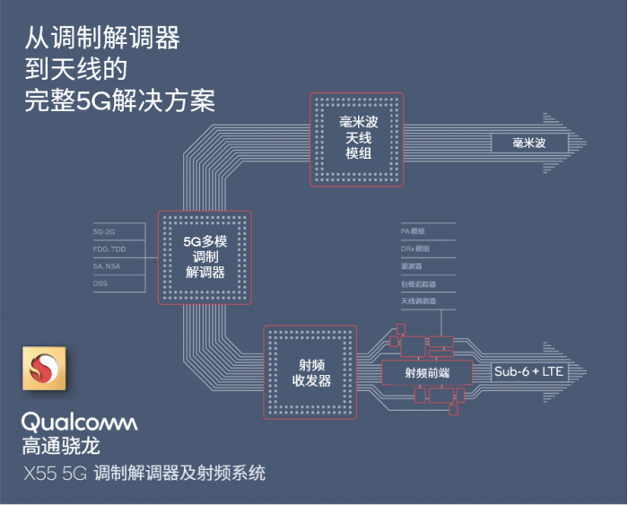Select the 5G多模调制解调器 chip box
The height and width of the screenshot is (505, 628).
tap(204, 257)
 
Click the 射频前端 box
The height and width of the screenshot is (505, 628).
tap(426, 372)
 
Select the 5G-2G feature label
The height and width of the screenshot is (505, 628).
tap(104, 231)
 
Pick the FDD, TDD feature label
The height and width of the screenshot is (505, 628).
tap(109, 248)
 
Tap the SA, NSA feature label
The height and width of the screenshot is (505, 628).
tap(107, 266)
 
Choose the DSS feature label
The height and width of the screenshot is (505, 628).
tap(100, 283)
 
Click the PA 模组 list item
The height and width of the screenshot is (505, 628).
tap(414, 231)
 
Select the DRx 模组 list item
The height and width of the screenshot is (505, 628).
tap(415, 248)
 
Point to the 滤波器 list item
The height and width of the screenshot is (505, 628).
tap(412, 266)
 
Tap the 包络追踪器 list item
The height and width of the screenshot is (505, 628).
tap(416, 283)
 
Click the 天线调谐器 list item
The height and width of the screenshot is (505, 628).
tap(418, 301)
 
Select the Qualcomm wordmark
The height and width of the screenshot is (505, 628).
tap(79, 421)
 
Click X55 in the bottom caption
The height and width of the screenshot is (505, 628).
tap(39, 473)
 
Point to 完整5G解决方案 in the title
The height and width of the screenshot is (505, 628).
tap(120, 98)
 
